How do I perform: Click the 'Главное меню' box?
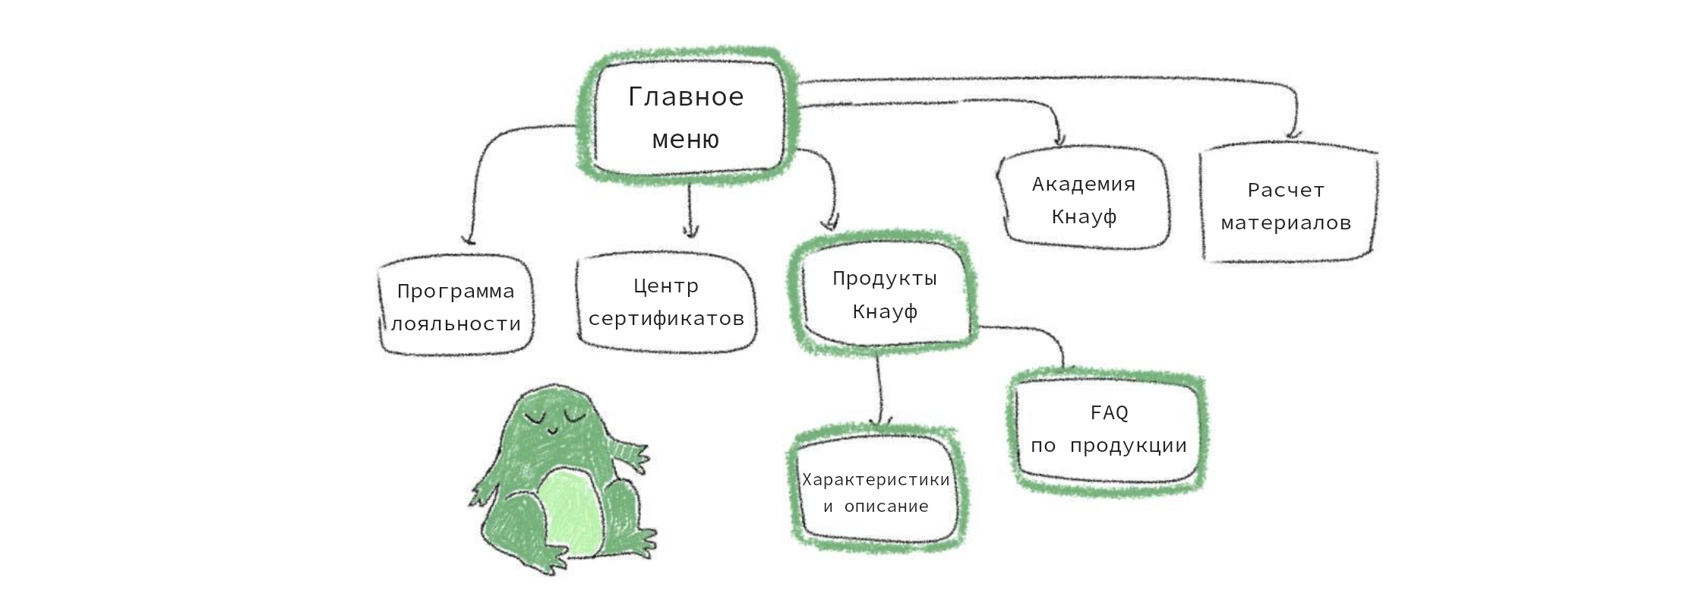coord(687,118)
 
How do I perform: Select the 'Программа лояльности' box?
coord(456,306)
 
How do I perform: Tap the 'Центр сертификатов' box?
coord(666,302)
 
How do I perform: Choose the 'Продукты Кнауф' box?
coord(884,295)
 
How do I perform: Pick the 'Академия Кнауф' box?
coord(1084,200)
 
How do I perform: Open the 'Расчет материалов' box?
coord(1287,206)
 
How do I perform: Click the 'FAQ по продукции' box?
coord(1109,429)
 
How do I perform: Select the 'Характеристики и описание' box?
coord(876,493)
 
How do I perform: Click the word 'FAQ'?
coord(1110,412)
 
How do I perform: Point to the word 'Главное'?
coord(686,97)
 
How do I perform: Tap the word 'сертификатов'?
coord(666,319)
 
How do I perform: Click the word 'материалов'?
coord(1287,223)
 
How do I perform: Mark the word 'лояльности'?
coord(456,324)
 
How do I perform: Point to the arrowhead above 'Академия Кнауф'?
coord(1060,140)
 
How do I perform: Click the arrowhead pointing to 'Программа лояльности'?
coord(469,239)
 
